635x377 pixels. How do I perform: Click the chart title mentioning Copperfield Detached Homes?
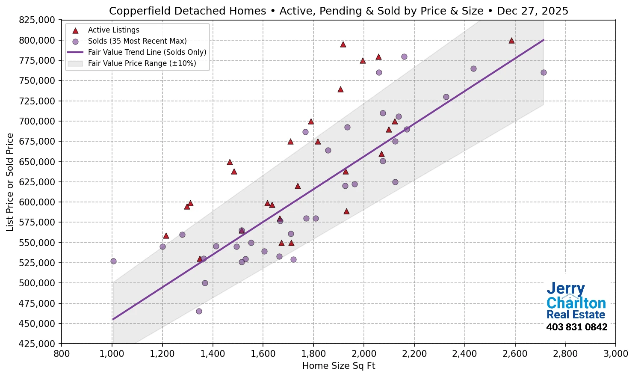338,11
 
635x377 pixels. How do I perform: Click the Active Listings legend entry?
113,30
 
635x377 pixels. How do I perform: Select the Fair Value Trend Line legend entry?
147,52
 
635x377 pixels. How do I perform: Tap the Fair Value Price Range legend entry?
142,63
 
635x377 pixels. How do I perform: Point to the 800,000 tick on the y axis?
38,40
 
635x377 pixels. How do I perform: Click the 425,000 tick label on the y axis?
38,344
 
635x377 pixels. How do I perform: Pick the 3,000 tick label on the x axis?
615,354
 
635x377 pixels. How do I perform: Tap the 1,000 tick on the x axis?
112,354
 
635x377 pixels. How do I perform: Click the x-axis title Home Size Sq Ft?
338,366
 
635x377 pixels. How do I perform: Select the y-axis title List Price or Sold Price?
10,182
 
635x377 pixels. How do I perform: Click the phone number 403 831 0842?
576,327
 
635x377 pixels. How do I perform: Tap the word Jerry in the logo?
565,289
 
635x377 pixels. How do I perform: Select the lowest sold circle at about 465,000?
199,311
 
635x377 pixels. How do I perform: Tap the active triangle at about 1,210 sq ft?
166,236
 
